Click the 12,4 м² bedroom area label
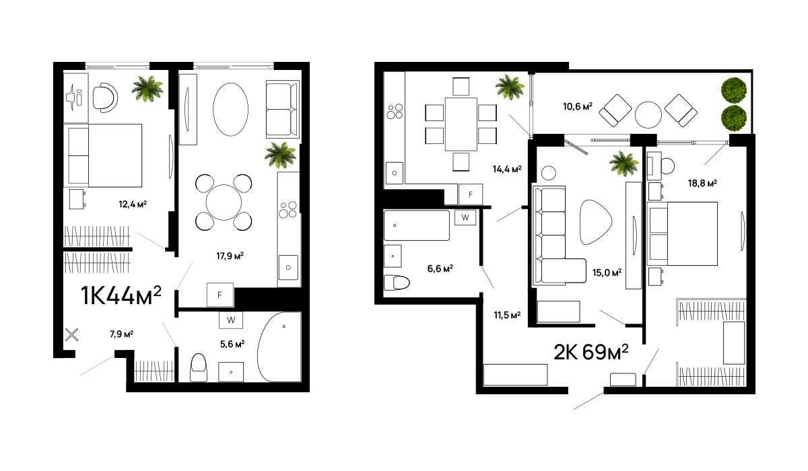(x=133, y=205)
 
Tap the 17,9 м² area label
(x=230, y=256)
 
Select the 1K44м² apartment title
(x=121, y=295)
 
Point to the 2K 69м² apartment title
(x=591, y=352)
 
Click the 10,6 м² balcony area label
(x=578, y=106)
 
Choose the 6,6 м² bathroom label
(x=440, y=268)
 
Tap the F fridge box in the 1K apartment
(x=220, y=295)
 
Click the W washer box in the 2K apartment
(x=465, y=217)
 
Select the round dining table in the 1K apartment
(x=224, y=202)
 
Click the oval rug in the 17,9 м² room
(x=230, y=109)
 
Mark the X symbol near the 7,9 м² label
(x=71, y=335)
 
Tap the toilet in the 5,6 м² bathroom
(x=199, y=367)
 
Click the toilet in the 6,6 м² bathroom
(x=397, y=283)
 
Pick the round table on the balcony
(x=648, y=114)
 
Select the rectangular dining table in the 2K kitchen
(x=461, y=124)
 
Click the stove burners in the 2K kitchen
(x=395, y=111)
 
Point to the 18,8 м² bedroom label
(x=702, y=184)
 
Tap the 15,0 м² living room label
(x=607, y=273)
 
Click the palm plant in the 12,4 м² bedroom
(x=147, y=88)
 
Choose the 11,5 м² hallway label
(x=507, y=316)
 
